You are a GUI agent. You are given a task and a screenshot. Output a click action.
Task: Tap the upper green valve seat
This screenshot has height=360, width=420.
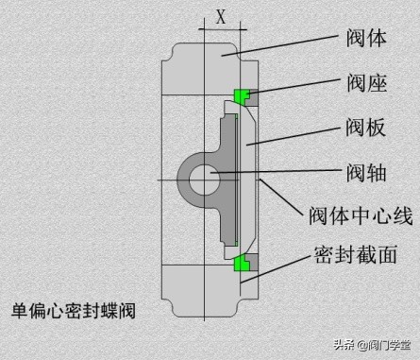(x=243, y=95)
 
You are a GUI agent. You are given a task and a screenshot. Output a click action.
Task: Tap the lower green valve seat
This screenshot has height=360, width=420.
(x=243, y=264)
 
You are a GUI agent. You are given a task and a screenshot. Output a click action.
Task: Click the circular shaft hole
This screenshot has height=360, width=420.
(x=203, y=178)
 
